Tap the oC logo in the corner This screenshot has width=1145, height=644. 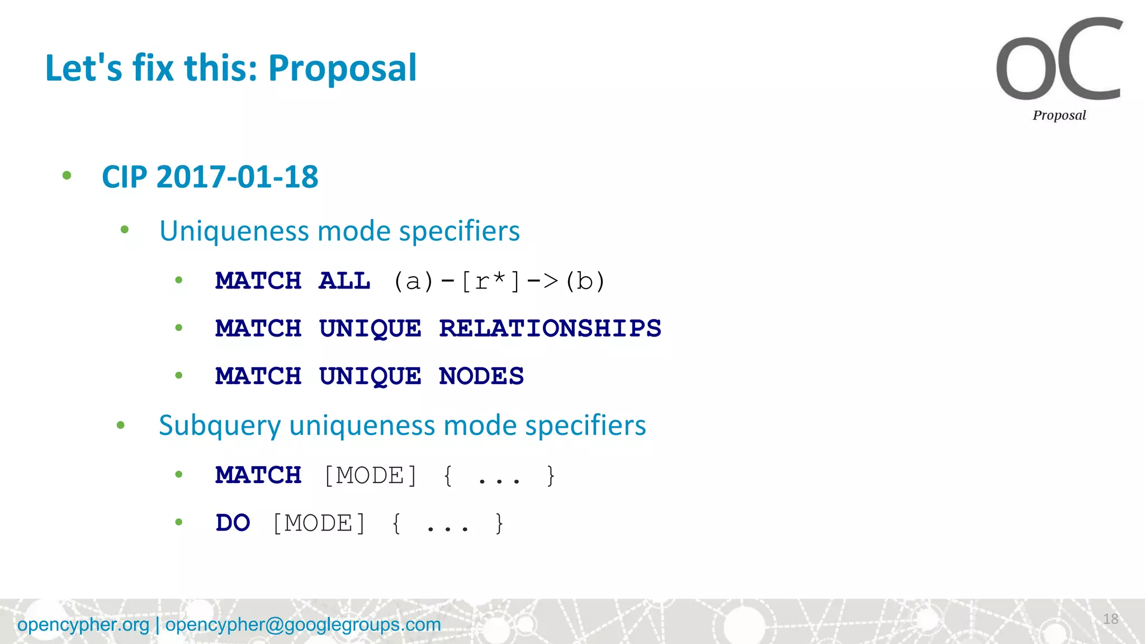1059,60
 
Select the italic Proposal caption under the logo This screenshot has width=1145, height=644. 1059,115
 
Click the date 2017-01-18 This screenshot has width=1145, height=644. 237,177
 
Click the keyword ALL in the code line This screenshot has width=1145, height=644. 344,281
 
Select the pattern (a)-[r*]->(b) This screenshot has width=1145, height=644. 499,281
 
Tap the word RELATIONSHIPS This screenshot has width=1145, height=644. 550,328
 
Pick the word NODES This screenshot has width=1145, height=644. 481,376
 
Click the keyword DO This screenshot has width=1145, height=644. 233,523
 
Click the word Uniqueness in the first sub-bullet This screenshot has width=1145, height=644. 234,231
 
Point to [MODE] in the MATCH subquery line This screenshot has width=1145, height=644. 371,476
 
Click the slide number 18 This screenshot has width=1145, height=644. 1110,619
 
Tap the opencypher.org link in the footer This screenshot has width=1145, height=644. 83,624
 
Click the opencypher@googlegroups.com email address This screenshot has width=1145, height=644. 303,624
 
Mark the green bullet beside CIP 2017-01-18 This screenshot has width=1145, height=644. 67,176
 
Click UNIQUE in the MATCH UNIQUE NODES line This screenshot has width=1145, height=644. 370,376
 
